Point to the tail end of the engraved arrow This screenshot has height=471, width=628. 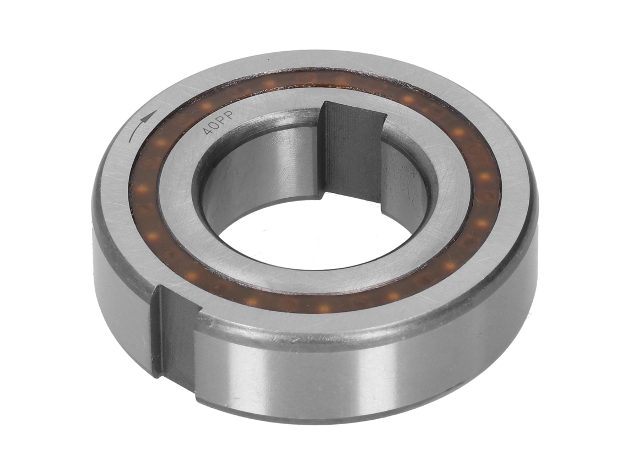(129, 142)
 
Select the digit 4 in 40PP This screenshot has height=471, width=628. (208, 131)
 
